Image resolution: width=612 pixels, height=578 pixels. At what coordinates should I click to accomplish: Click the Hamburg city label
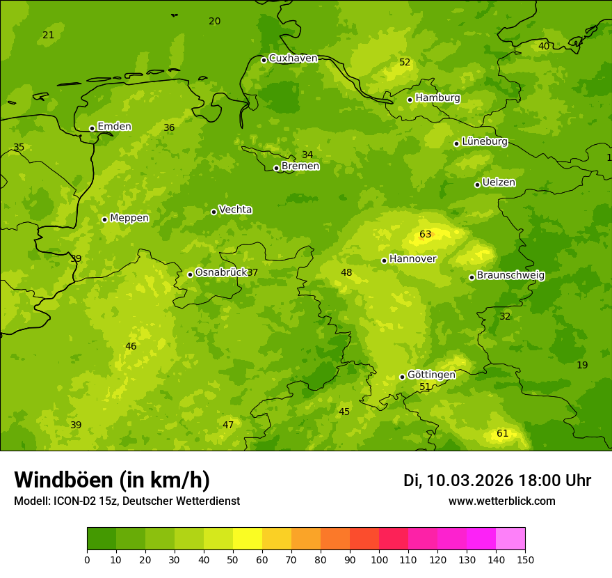tap(437, 98)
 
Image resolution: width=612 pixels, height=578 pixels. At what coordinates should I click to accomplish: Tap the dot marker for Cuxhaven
tap(264, 60)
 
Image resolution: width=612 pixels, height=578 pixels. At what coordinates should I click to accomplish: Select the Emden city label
tap(114, 127)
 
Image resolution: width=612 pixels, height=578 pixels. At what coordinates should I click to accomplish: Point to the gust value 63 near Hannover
tap(426, 235)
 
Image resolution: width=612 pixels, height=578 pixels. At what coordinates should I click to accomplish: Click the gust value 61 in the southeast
tap(502, 434)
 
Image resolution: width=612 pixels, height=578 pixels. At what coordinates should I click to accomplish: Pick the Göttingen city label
tap(431, 375)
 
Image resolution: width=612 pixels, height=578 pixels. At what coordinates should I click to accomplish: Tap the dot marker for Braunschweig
tap(472, 277)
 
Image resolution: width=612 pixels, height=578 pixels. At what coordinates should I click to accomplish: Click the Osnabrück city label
tap(221, 272)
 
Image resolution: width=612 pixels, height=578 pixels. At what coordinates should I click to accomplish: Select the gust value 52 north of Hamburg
tap(405, 63)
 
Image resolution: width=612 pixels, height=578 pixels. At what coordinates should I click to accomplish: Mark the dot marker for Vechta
tap(214, 212)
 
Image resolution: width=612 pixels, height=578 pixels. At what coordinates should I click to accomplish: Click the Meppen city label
tap(129, 218)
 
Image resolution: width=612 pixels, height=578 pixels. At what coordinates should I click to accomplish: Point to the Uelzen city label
tap(499, 182)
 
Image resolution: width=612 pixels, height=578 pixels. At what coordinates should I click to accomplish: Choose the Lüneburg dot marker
tap(456, 143)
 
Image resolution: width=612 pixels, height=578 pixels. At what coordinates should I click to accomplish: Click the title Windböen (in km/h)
tap(111, 480)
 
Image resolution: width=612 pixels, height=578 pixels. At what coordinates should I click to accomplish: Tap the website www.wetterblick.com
tap(501, 501)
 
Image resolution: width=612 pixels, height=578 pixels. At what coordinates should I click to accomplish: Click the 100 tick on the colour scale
tap(379, 559)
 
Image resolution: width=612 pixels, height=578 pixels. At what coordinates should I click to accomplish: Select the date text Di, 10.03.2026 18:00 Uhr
tap(497, 481)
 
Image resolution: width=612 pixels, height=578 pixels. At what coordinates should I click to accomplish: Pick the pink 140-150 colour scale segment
tap(510, 539)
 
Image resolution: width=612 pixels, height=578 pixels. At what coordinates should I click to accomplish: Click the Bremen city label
tap(300, 166)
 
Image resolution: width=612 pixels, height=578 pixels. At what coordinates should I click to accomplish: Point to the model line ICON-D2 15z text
tap(127, 501)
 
